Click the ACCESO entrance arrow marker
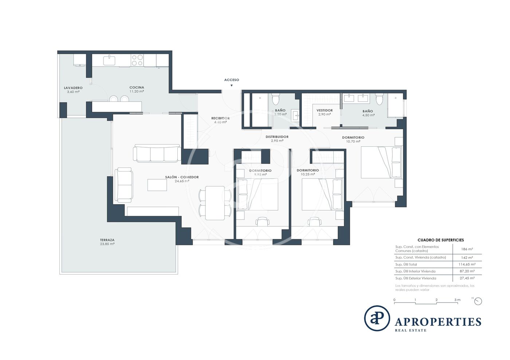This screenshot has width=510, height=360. click(x=232, y=86)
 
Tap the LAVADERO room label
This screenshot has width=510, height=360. click(x=73, y=88)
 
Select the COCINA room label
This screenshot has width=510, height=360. click(x=137, y=87)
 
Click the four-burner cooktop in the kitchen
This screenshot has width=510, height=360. click(x=137, y=60)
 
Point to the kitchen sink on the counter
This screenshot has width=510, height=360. click(x=109, y=60)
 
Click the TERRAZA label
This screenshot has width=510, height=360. click(x=107, y=240)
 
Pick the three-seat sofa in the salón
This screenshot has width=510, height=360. click(x=157, y=153)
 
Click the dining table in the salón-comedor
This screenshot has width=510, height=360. click(x=215, y=203)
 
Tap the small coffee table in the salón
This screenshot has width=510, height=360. click(x=157, y=185)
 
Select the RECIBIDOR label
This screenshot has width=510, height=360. click(x=220, y=118)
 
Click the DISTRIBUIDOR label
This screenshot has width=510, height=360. click(x=277, y=137)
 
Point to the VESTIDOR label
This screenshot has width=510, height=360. click(x=325, y=110)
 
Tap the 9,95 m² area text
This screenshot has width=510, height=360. click(x=260, y=174)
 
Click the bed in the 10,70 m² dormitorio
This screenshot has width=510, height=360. click(x=381, y=162)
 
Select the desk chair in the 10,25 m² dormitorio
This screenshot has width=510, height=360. click(x=314, y=221)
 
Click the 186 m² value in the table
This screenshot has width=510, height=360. click(x=467, y=249)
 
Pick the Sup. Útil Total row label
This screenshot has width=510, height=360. click(x=406, y=264)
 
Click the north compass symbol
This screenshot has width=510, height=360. click(x=478, y=301)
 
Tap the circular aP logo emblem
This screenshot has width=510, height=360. click(x=377, y=318)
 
